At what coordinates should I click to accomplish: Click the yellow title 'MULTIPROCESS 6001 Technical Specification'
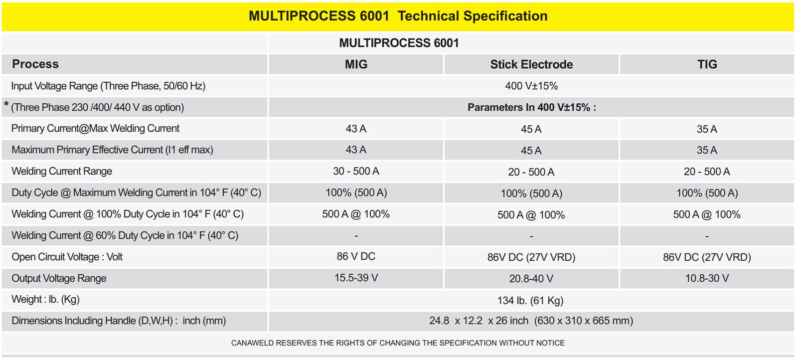click(398, 16)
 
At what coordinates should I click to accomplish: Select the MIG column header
click(356, 64)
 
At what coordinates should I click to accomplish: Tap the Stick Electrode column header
click(531, 64)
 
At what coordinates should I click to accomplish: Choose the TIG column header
click(707, 64)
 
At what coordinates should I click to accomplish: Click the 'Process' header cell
click(35, 64)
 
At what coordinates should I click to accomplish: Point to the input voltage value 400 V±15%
click(531, 86)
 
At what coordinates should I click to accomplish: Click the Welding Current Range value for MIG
click(356, 172)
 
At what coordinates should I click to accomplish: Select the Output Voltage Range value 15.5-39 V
click(356, 278)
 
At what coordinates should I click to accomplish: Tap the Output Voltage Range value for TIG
click(707, 278)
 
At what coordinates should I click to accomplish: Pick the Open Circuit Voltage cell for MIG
click(356, 256)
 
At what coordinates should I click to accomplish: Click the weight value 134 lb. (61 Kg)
click(530, 301)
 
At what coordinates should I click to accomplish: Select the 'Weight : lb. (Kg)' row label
click(45, 299)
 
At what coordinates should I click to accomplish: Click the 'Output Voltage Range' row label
click(59, 278)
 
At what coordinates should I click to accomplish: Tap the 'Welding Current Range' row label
click(61, 172)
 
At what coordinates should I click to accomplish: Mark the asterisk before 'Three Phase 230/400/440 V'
click(6, 104)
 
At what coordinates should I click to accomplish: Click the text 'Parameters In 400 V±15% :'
click(531, 107)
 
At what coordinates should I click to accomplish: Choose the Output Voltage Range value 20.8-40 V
click(531, 278)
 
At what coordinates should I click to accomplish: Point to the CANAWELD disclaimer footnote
click(398, 343)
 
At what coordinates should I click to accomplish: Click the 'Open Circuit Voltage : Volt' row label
click(67, 257)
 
